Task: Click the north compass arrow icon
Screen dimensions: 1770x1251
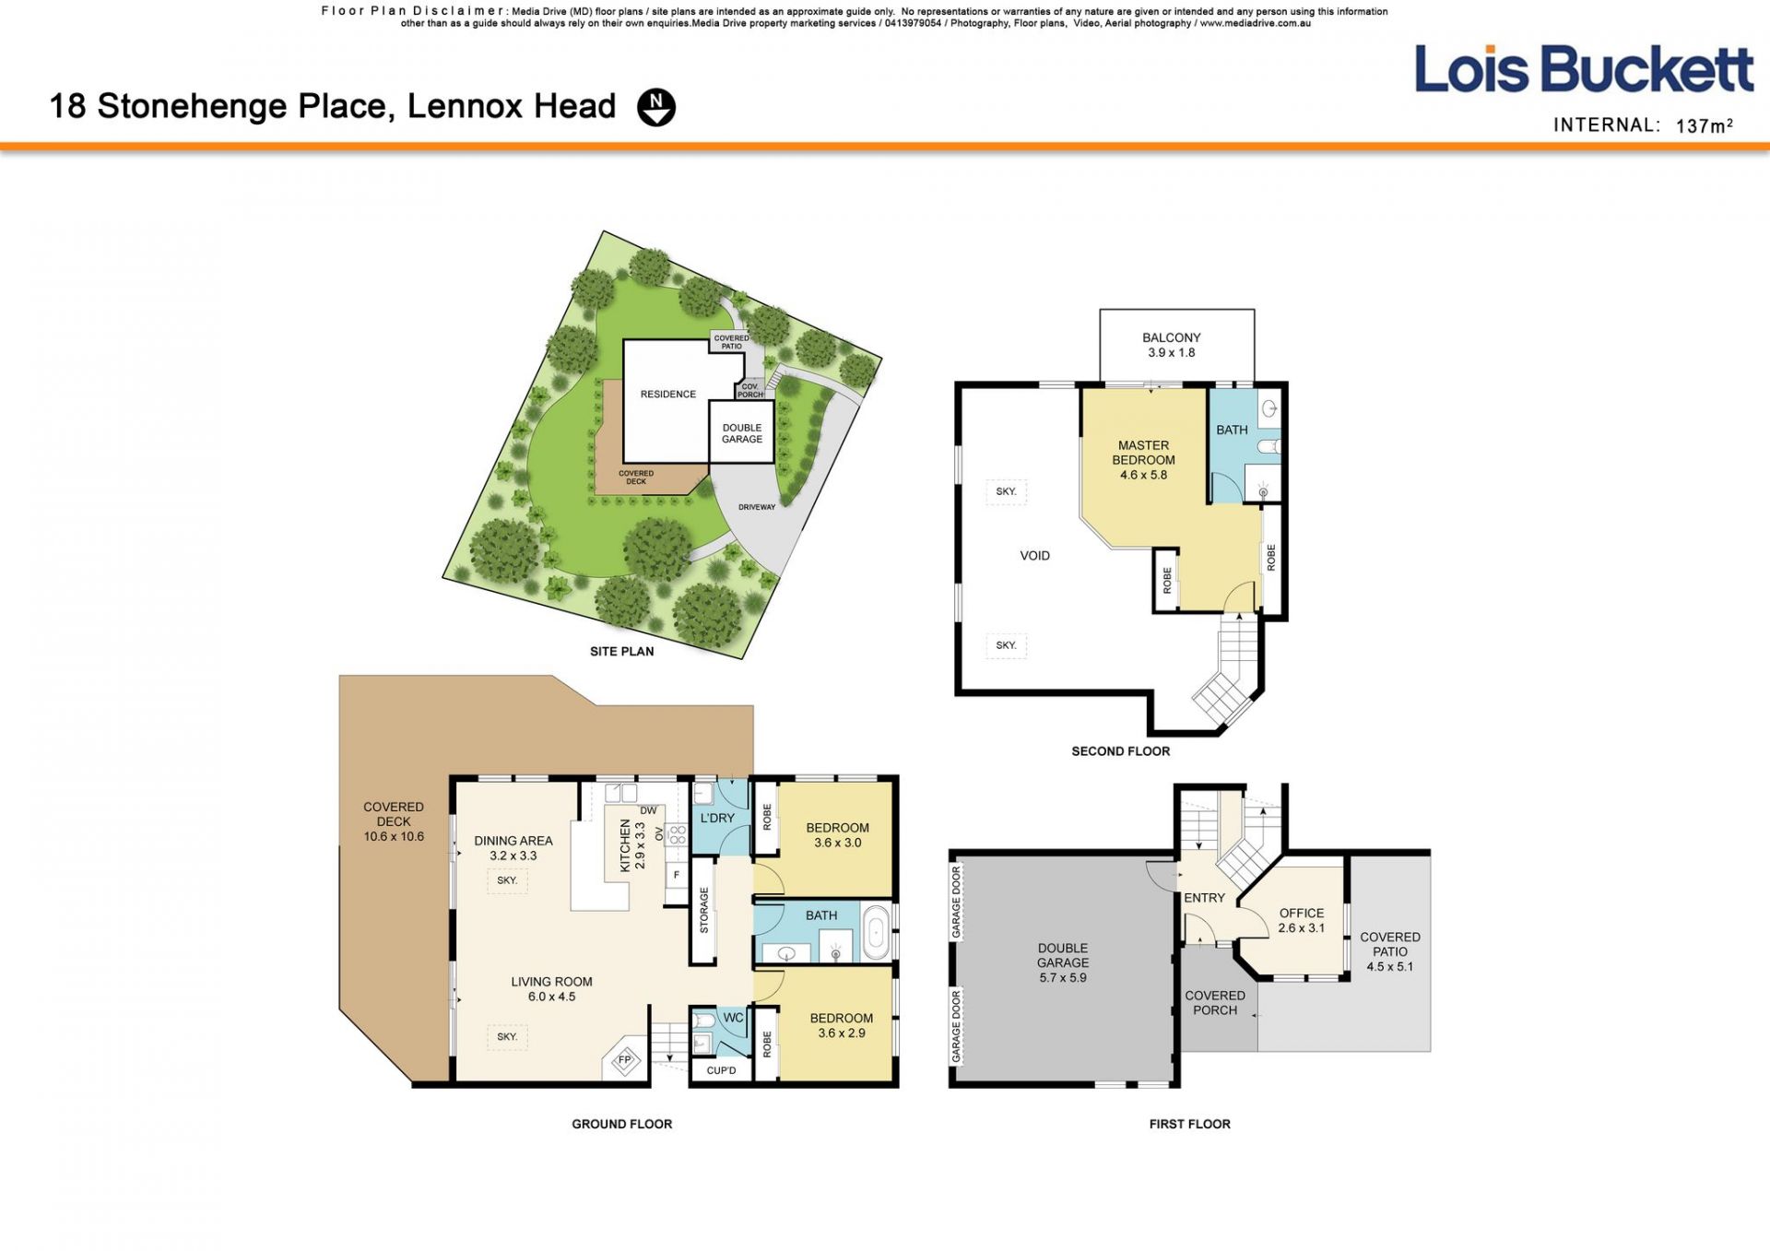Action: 656,107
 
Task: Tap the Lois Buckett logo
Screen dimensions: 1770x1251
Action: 1584,69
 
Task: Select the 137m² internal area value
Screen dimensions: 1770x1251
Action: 1705,125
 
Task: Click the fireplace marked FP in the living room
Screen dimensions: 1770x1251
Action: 624,1060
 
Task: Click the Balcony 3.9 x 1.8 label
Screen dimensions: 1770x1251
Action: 1172,345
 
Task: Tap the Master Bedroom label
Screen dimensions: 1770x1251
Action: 1144,460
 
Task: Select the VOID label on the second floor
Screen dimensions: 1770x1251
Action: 1035,556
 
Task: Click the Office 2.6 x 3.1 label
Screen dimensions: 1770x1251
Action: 1302,920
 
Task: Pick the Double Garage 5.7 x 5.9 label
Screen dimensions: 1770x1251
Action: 1063,962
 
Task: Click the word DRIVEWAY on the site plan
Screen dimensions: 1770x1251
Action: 757,507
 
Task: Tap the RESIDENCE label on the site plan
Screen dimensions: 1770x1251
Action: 668,395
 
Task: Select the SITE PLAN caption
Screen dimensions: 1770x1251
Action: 622,652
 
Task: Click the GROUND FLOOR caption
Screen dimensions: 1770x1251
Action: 622,1124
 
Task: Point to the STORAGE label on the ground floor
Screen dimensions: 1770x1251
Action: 704,910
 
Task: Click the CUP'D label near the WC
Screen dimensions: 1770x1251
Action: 721,1070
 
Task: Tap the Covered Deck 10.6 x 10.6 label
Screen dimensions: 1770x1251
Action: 394,821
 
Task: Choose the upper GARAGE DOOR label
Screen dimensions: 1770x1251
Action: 956,902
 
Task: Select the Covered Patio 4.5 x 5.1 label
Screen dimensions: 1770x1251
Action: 1390,951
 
